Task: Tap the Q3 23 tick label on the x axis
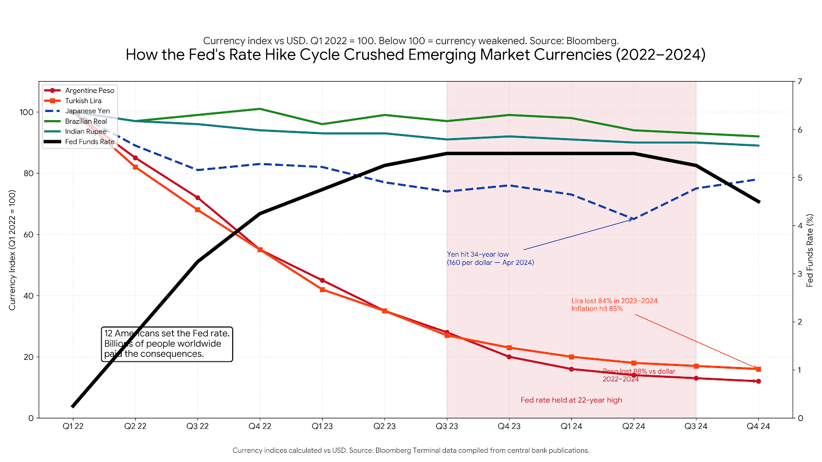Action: [x=447, y=426]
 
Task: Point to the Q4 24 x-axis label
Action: [x=758, y=426]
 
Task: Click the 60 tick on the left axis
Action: [x=28, y=235]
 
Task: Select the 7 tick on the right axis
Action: [x=800, y=82]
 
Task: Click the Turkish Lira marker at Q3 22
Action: [x=198, y=210]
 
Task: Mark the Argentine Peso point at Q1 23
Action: [x=322, y=280]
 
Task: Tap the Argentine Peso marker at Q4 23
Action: [x=509, y=357]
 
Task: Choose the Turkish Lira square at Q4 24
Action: [x=758, y=369]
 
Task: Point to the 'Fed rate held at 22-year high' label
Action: [x=571, y=400]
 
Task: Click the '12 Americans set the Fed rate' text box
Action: [x=167, y=344]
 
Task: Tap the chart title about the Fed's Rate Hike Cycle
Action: [x=415, y=54]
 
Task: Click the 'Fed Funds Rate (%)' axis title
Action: [x=810, y=250]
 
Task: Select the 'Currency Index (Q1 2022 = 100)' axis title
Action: [x=12, y=250]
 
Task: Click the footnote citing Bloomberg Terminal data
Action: [x=411, y=450]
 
